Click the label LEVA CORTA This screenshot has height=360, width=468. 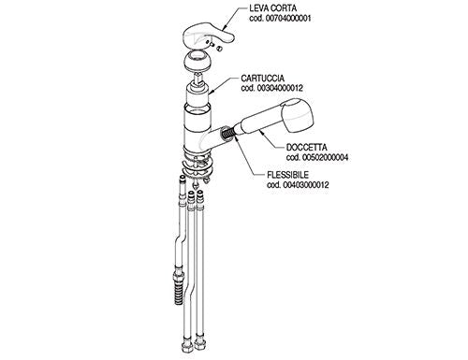point(273,8)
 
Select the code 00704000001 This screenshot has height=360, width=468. point(287,19)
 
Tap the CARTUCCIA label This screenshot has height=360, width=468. point(262,78)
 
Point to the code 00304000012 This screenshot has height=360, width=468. point(280,88)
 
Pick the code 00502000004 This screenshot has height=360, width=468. point(325,157)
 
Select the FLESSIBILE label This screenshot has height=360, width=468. point(287,175)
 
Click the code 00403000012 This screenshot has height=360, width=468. point(306,185)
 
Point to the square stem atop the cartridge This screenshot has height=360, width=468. point(198,78)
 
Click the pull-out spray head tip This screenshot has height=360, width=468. point(297,115)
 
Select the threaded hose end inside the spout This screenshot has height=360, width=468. point(227,133)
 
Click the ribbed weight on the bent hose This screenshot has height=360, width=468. point(179,287)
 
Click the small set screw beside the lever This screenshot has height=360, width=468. point(219,49)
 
